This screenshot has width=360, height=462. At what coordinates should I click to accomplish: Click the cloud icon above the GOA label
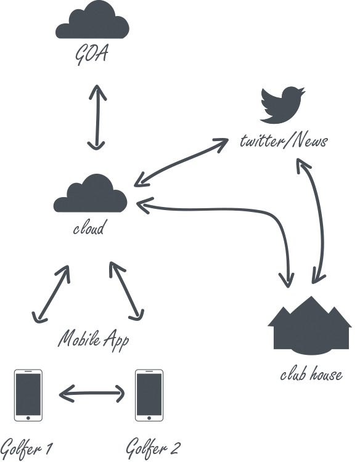point(92,21)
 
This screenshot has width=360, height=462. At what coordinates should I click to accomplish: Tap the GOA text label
point(91,54)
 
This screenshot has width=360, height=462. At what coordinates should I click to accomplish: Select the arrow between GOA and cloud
point(97,118)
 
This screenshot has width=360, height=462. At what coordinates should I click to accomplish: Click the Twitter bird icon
point(282,105)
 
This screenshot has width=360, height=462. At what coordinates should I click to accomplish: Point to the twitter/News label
point(284,141)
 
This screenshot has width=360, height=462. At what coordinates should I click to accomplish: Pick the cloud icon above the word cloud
point(90,193)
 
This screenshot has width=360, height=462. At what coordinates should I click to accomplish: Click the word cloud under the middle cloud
point(89,228)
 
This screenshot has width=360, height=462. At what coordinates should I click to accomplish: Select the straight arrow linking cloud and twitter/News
point(181,163)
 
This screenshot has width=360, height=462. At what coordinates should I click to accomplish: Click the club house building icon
point(309,326)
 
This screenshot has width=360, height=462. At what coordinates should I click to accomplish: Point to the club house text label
point(311,375)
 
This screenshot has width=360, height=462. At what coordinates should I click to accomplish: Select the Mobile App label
point(94,340)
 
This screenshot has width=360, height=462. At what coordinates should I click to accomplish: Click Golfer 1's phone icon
point(28,395)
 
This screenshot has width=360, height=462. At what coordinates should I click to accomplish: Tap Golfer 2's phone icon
point(149,395)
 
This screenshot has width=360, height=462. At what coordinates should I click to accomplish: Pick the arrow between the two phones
point(92,393)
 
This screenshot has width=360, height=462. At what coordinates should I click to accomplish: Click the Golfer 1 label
point(27,448)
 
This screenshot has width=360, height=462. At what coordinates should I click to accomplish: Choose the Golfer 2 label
point(152,448)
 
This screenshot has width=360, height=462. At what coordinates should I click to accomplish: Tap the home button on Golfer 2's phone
point(149,418)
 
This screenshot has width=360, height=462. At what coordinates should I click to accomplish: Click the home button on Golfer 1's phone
point(28,418)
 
